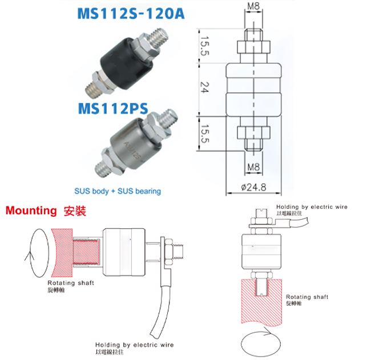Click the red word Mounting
coord(31,211)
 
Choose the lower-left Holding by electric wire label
coord(134,345)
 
